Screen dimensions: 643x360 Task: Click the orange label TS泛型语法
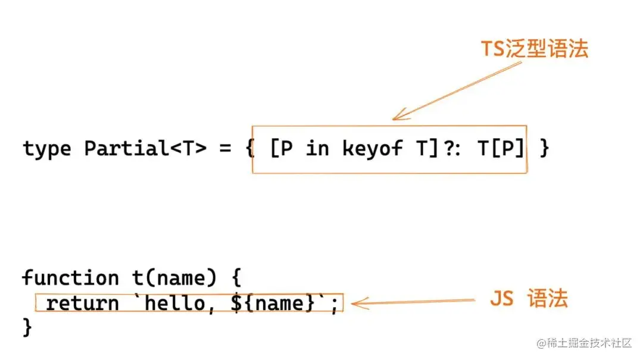pos(534,49)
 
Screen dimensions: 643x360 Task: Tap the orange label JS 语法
pos(529,299)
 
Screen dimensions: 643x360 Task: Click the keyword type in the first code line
pos(48,149)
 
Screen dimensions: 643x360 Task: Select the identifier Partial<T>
pos(145,149)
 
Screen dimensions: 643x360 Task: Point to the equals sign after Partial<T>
pos(225,149)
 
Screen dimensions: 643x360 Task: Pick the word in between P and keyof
pos(317,149)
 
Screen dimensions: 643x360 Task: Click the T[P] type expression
pos(502,149)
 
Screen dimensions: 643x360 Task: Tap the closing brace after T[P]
pos(544,149)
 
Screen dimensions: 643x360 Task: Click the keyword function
pos(70,278)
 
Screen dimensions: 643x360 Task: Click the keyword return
pos(82,303)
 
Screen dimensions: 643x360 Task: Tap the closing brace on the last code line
pos(27,327)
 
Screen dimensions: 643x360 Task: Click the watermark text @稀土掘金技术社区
pos(584,343)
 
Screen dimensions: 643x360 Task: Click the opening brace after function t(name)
pos(233,278)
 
